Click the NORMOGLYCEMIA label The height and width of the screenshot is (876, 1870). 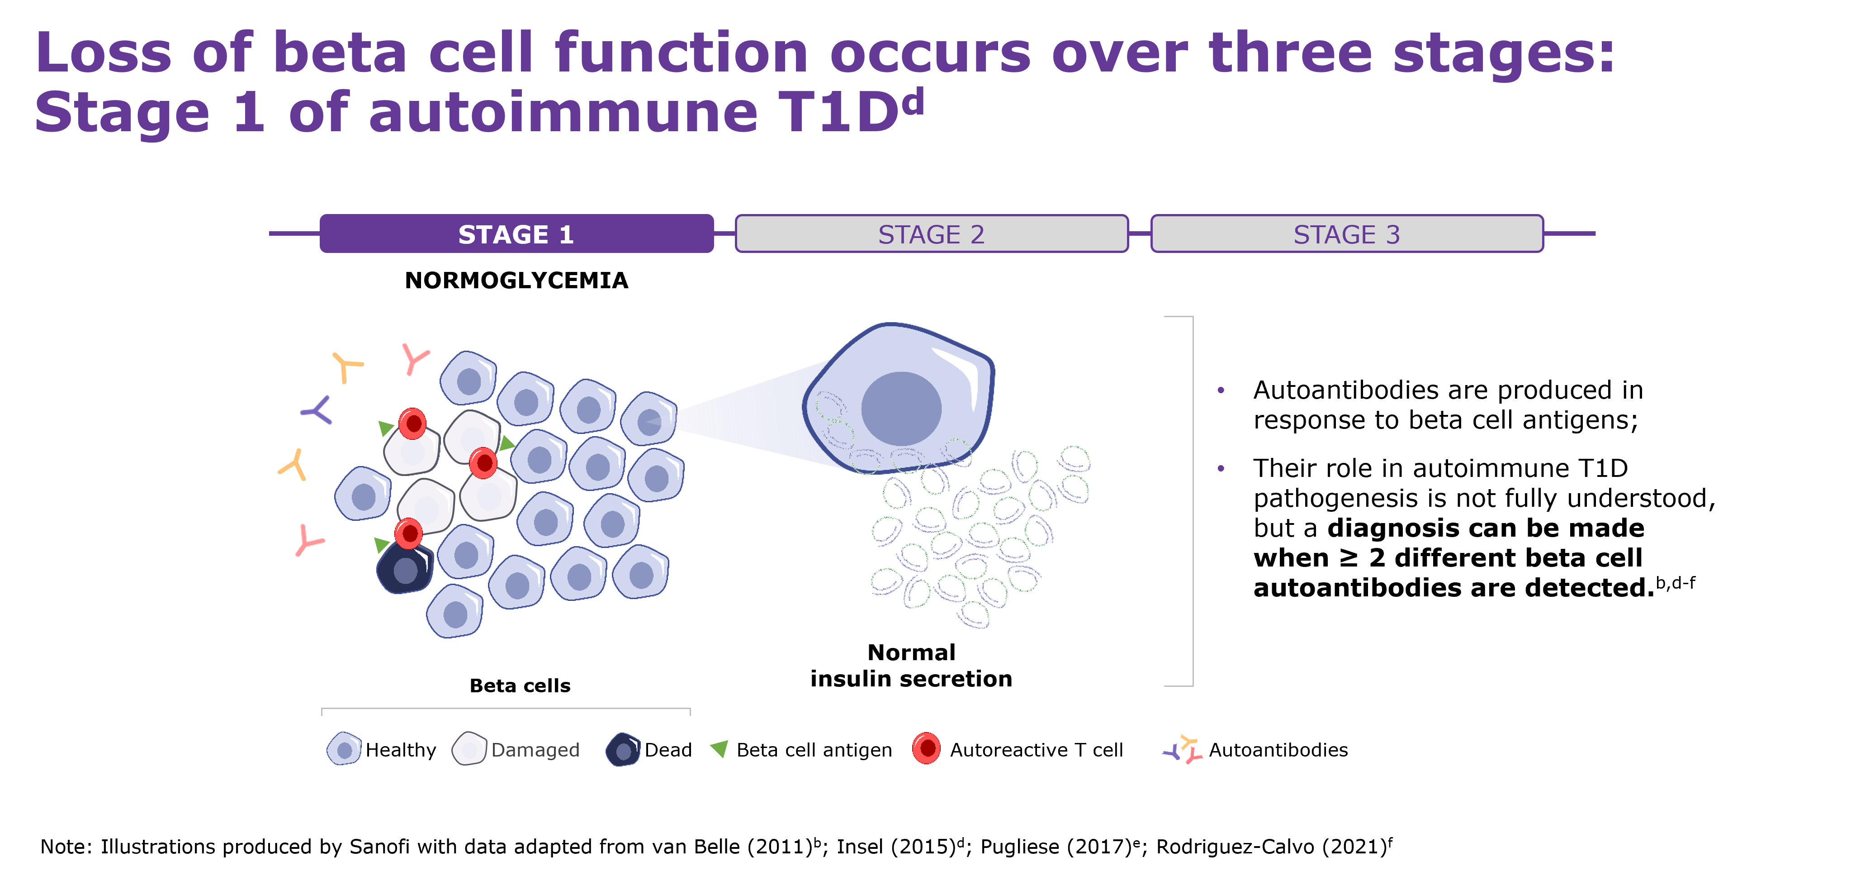pos(516,281)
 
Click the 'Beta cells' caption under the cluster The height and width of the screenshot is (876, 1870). pos(520,686)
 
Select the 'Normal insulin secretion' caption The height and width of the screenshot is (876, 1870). pos(911,665)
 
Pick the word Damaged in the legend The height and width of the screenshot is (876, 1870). pos(535,750)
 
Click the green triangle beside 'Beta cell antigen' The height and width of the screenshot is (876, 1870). pos(720,748)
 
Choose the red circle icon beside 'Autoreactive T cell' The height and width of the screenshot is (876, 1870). pos(926,748)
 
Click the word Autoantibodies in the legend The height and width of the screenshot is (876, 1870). pos(1278,750)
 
